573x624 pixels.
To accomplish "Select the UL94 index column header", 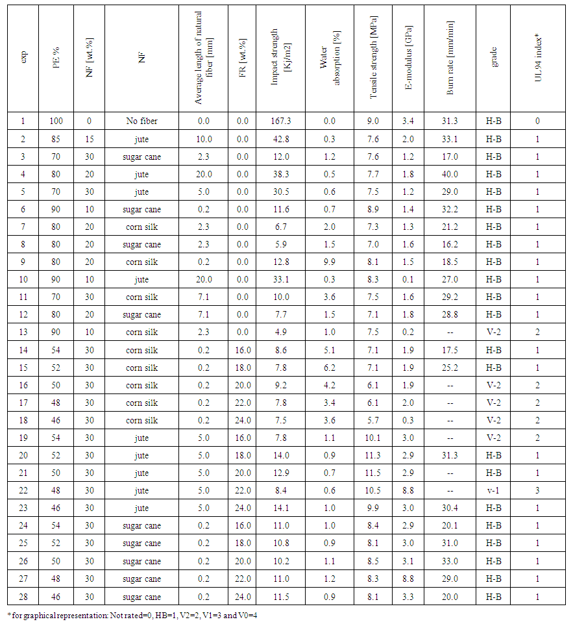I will click(537, 58).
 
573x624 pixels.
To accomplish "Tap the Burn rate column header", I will click(450, 58).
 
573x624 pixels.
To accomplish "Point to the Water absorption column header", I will click(328, 58).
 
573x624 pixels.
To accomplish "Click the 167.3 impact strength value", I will click(280, 121).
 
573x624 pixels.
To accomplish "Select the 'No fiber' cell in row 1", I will click(141, 121).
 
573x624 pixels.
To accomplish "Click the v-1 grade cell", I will click(494, 490).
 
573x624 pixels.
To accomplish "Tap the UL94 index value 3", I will click(537, 490).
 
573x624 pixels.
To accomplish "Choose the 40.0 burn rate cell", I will click(450, 174).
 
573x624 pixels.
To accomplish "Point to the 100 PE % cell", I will click(56, 121).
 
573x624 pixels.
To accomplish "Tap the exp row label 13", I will click(24, 332).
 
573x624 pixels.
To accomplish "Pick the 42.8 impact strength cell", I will click(280, 139).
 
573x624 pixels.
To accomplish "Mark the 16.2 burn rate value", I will click(450, 244).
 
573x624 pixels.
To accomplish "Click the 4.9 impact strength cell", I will click(280, 332).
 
